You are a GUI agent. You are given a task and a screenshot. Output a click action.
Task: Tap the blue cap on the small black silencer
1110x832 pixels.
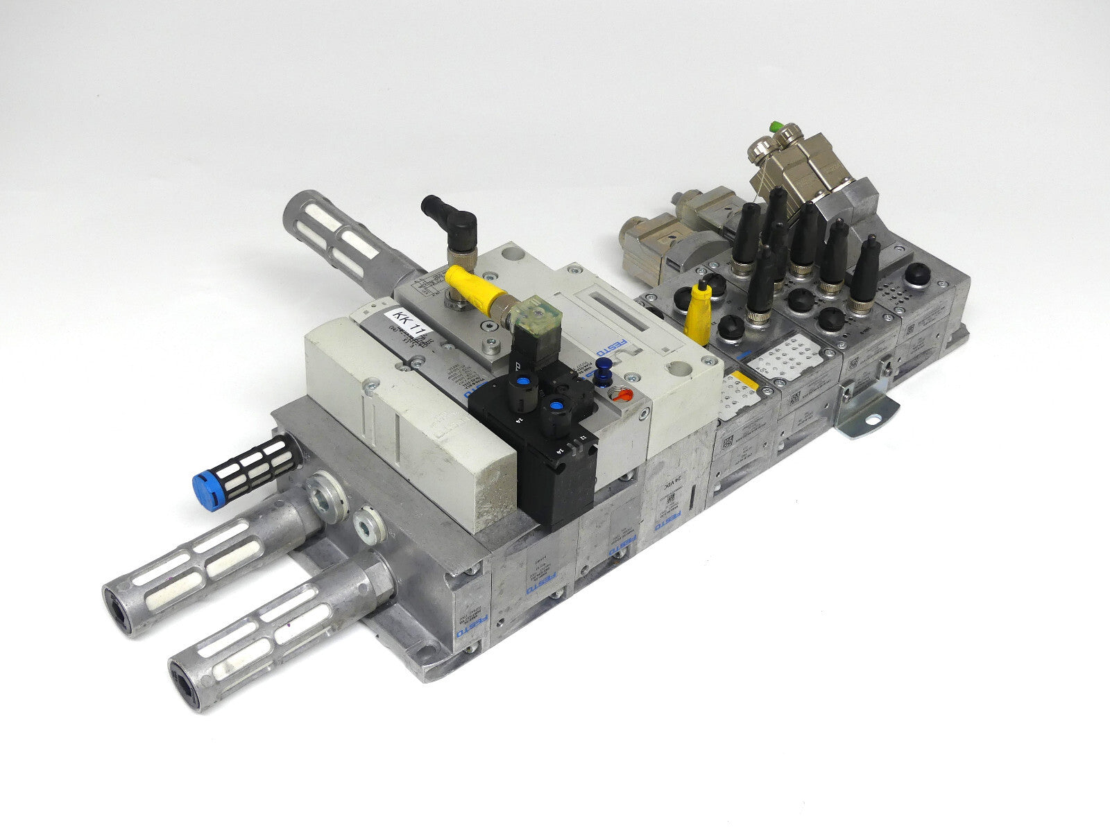pos(203,482)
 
